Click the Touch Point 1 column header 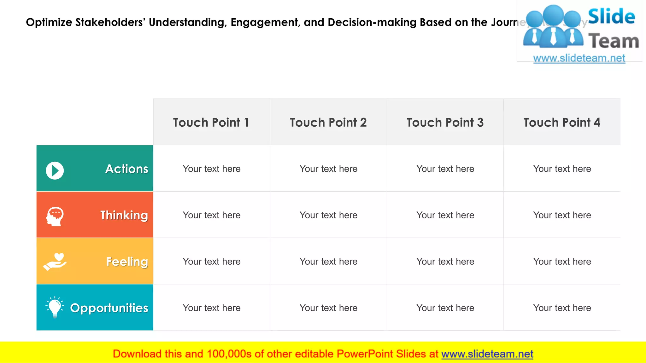point(211,122)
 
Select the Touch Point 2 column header point(328,122)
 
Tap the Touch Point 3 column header point(445,122)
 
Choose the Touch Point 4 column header point(562,122)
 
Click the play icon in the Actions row point(55,171)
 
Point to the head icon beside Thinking point(55,216)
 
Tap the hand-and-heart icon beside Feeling point(55,262)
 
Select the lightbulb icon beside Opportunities point(55,307)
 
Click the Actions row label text point(127,169)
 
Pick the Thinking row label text point(124,215)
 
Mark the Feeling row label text point(127,262)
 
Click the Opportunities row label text point(109,308)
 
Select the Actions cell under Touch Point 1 point(212,169)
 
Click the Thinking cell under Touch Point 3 point(445,215)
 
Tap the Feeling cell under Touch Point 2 point(328,261)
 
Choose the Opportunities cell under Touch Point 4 point(562,308)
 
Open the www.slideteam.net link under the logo point(579,58)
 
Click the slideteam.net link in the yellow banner point(487,354)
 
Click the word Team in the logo point(614,41)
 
